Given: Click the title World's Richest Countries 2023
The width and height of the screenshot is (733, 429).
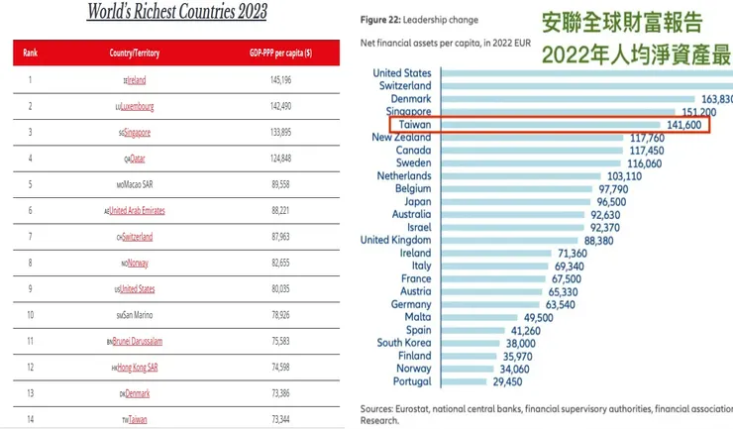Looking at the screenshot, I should (177, 13).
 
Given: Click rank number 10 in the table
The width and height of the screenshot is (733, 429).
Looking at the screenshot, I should (31, 314).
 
